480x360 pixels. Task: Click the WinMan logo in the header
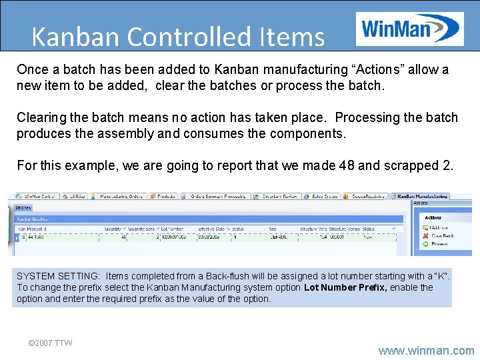pos(409,29)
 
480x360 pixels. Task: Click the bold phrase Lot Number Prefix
pos(345,287)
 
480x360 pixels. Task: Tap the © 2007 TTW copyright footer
pos(50,343)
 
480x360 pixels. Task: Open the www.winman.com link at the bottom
pos(426,350)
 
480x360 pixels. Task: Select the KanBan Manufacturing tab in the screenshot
pos(422,197)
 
